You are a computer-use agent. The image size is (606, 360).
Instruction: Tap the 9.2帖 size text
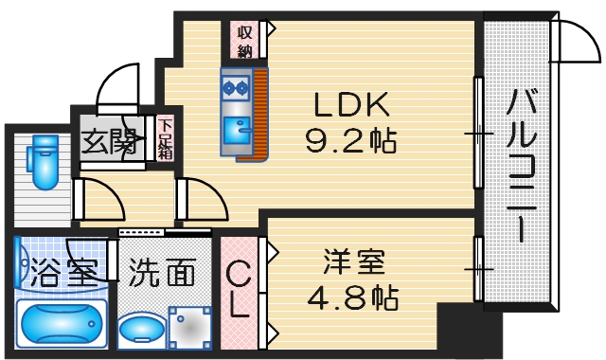click(x=347, y=142)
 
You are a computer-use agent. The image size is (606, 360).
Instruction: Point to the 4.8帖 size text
click(x=352, y=297)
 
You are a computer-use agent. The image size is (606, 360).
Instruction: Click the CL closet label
click(x=239, y=290)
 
